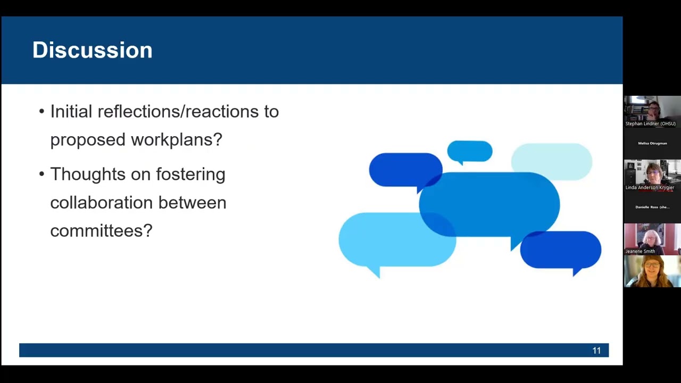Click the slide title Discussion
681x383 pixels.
click(93, 50)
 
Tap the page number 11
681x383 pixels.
click(596, 351)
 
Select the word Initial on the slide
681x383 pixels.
click(71, 111)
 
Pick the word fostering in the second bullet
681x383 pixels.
click(190, 174)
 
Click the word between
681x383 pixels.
click(192, 203)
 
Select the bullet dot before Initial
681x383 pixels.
click(41, 111)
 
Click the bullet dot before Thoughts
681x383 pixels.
click(41, 174)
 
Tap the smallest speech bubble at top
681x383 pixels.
click(470, 152)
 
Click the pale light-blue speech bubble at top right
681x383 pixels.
click(552, 161)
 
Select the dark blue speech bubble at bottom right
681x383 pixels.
click(561, 250)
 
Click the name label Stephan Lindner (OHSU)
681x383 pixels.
click(651, 124)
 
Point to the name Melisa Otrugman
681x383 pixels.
click(652, 143)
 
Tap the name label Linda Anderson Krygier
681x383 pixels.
click(650, 188)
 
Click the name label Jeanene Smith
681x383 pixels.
click(640, 252)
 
